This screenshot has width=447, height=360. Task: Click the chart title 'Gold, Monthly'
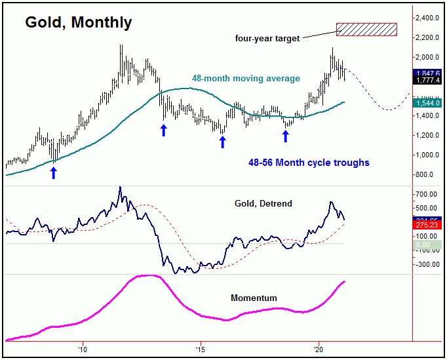click(79, 22)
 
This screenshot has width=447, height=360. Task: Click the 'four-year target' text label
click(267, 39)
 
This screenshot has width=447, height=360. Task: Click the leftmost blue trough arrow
click(54, 172)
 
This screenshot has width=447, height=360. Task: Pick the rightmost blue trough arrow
click(285, 136)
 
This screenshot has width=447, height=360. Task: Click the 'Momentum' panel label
click(254, 298)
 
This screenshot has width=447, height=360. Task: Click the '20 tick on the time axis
click(319, 348)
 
